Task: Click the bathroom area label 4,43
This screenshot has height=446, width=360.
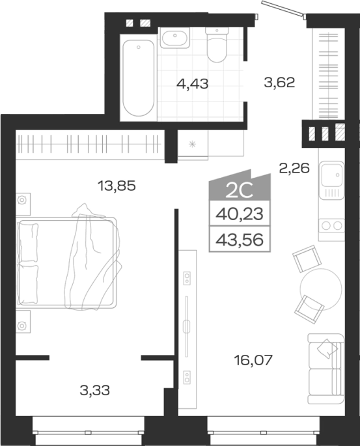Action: pyautogui.click(x=193, y=84)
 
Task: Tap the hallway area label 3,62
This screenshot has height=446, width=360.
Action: pyautogui.click(x=279, y=83)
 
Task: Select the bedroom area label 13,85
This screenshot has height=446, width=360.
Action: pyautogui.click(x=117, y=186)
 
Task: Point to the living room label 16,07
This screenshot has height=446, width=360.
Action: pyautogui.click(x=253, y=360)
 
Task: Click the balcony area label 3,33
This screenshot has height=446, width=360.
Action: pyautogui.click(x=94, y=390)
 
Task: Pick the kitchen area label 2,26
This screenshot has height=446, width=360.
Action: pyautogui.click(x=294, y=168)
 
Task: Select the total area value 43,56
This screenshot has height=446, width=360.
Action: pyautogui.click(x=240, y=240)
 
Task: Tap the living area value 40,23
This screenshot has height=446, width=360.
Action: pyautogui.click(x=240, y=214)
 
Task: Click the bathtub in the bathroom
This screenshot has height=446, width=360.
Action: pyautogui.click(x=139, y=77)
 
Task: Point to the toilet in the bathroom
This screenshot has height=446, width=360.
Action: pyautogui.click(x=217, y=44)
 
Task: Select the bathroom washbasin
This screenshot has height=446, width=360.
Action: pyautogui.click(x=174, y=38)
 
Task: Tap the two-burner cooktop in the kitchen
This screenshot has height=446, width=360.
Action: pyautogui.click(x=331, y=226)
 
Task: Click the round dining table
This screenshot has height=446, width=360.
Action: pyautogui.click(x=321, y=289)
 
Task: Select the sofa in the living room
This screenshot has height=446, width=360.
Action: pyautogui.click(x=326, y=369)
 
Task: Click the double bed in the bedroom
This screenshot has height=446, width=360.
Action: pyautogui.click(x=67, y=262)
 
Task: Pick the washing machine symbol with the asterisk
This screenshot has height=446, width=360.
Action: pyautogui.click(x=193, y=144)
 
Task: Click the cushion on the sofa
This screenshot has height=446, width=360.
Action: pyautogui.click(x=326, y=348)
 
